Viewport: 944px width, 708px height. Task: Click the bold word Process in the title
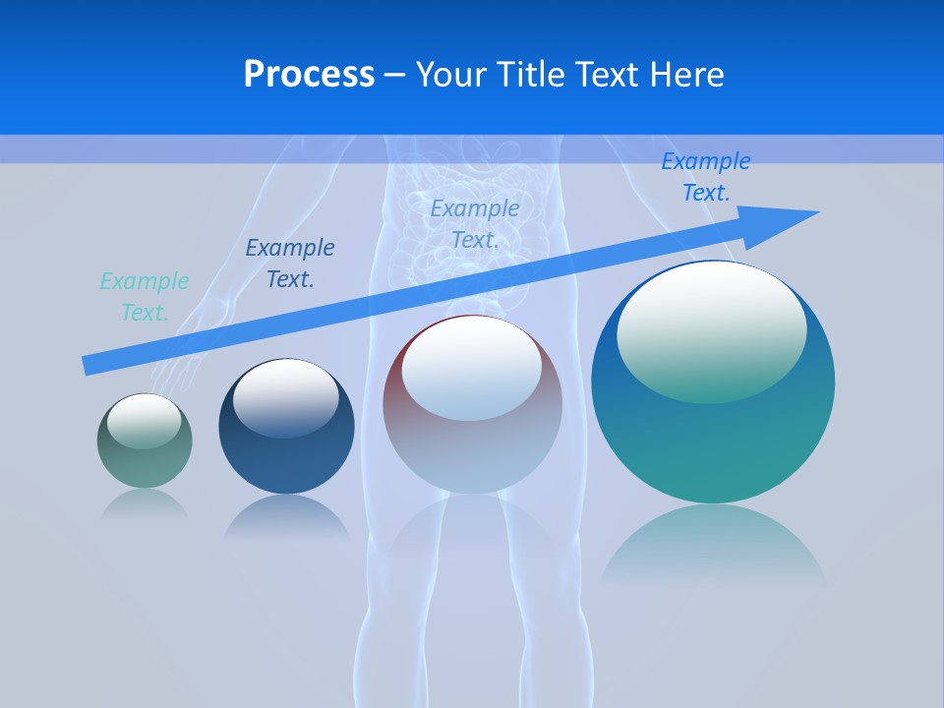(309, 75)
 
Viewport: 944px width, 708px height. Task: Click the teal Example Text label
(145, 297)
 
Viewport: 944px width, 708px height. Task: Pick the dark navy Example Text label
(290, 264)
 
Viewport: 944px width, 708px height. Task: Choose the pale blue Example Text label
(475, 224)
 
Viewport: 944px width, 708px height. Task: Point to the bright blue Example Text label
(705, 177)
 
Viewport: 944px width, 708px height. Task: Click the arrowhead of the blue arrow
(796, 215)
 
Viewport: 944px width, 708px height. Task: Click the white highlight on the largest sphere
(711, 329)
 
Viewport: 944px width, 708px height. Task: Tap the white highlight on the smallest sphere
(144, 421)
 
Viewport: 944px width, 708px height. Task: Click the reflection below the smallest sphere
(145, 504)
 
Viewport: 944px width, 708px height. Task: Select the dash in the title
(395, 76)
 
